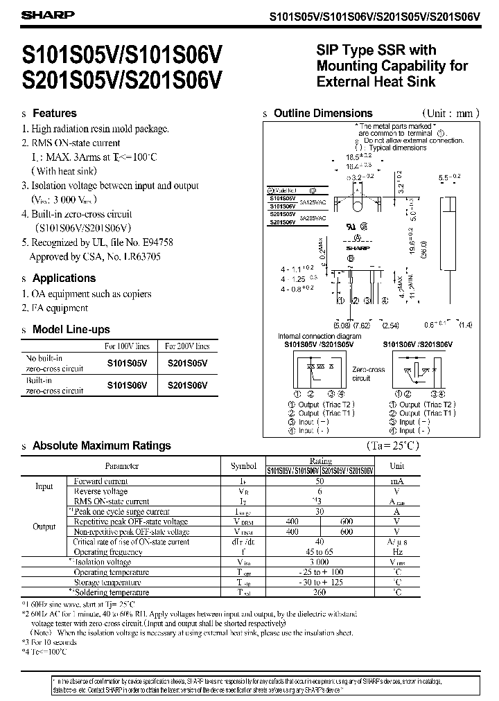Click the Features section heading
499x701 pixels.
(55, 113)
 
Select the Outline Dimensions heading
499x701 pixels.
(323, 113)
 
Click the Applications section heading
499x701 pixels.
(64, 278)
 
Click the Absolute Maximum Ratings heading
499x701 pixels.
(101, 445)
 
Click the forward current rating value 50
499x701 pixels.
(320, 481)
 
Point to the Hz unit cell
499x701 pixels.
(397, 552)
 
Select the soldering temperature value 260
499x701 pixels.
(320, 593)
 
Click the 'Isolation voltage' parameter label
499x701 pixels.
(101, 562)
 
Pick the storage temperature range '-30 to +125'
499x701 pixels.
(320, 583)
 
